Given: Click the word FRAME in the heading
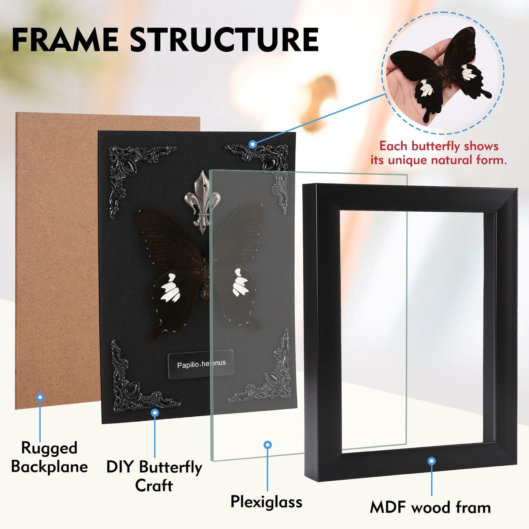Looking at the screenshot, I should point(65,40).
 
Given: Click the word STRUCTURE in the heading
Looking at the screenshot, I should point(224,40).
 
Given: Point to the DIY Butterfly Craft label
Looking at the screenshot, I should point(154,476).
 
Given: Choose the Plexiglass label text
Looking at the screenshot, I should point(266,501).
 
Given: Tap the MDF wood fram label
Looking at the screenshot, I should point(430,508).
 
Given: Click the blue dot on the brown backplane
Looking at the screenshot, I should point(40,397).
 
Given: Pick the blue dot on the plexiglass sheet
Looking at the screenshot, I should point(268,445).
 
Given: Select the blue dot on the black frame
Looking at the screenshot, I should point(432,461).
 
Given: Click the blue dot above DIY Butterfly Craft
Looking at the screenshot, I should point(155,413).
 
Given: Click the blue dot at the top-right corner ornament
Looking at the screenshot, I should point(252,144).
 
